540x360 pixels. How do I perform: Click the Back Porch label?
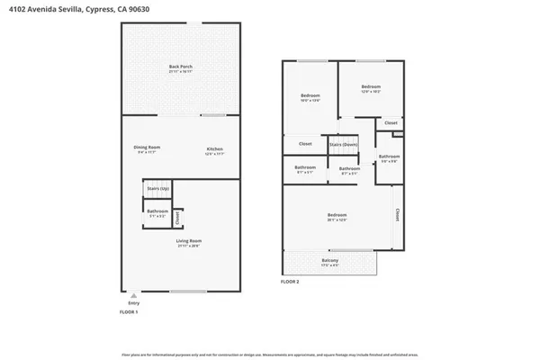point(181,68)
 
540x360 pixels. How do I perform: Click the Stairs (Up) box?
point(158,188)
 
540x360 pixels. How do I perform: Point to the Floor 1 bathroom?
point(158,213)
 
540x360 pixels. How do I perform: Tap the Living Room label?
point(188,242)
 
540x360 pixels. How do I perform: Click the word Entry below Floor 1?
point(134,304)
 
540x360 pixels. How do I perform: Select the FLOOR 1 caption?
point(130,312)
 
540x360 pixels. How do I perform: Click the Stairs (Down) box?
point(343,143)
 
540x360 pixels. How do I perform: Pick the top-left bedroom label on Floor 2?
point(310,97)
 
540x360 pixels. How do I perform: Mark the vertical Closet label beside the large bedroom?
point(397,214)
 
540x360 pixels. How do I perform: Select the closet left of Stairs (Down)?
point(305,143)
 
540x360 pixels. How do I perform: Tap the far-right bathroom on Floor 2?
point(389,158)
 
